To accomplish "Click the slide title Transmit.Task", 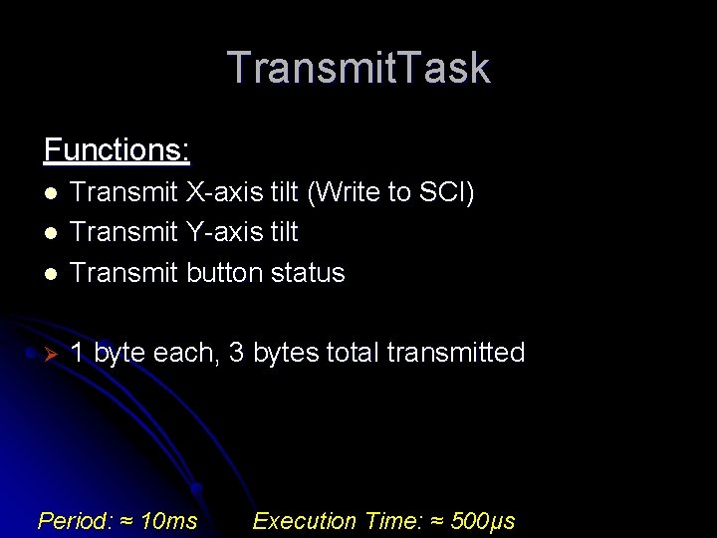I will [358, 69].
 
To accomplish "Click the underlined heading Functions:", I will [117, 150].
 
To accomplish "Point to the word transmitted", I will [455, 353].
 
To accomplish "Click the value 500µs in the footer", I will [483, 521].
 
